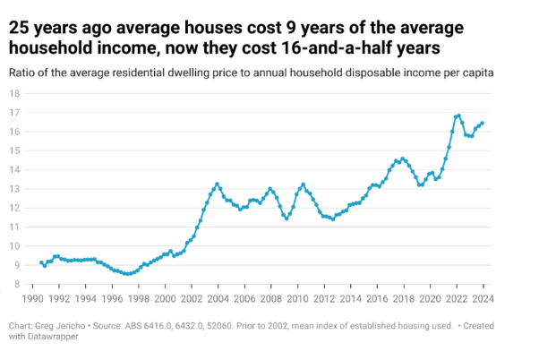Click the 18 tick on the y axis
tap(14, 93)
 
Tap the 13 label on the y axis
tap(14, 189)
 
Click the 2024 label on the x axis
tap(483, 297)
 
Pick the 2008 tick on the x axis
tap(271, 297)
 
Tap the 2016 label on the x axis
tap(377, 297)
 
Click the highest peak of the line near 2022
tap(458, 116)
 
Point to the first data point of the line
tap(41, 262)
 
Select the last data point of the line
tap(483, 124)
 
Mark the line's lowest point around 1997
tap(128, 274)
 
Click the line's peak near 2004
tap(218, 184)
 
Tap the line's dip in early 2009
tap(287, 218)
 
